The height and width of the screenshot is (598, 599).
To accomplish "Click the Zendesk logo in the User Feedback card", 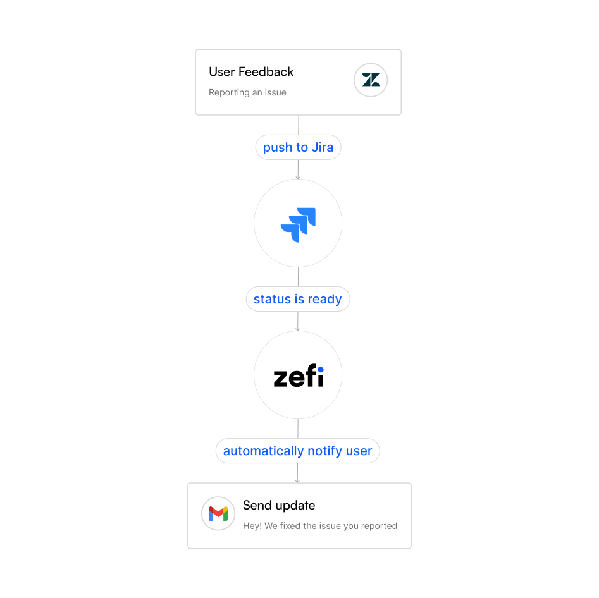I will point(371,80).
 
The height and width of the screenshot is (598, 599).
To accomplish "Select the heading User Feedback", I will point(251,72).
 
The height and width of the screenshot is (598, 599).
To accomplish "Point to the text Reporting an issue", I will point(247,92).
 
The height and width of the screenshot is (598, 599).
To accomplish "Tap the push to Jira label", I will point(298,147).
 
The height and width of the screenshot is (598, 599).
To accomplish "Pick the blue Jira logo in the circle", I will point(298,224).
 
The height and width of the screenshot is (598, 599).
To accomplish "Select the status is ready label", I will point(297,299).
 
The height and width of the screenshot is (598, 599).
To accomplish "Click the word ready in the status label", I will point(324,299).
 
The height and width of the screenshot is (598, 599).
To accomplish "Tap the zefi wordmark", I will point(298,377).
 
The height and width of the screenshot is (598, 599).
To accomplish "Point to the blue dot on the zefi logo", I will point(320,370).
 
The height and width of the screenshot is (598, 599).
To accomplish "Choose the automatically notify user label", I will point(297,451).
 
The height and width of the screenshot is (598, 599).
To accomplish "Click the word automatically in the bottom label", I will point(261,451).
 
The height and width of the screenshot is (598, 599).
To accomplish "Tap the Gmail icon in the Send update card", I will point(218,513).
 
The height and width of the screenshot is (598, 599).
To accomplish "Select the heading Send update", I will point(279,505).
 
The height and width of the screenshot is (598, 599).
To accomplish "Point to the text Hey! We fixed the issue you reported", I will point(320,525).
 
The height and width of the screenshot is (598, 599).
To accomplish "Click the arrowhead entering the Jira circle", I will point(298,178).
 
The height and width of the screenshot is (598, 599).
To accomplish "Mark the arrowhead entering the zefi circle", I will point(298,329).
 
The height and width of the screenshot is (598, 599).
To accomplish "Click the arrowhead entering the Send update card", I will point(297,481).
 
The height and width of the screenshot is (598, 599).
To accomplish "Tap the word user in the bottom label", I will point(359,451).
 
